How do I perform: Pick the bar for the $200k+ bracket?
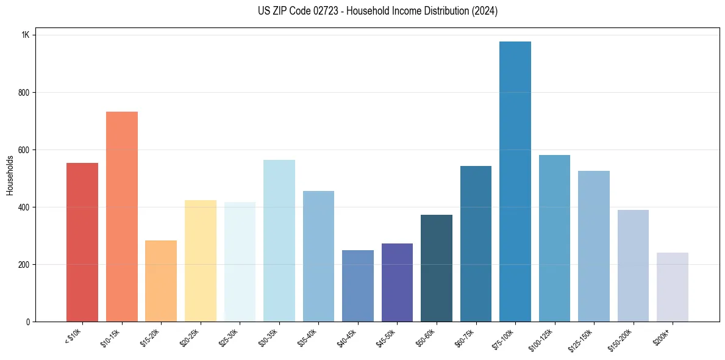coord(673,287)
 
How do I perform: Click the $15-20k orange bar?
coord(161,281)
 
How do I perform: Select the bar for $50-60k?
coord(437,268)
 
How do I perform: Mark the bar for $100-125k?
coord(554,238)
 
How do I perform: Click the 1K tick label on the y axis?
coord(26,35)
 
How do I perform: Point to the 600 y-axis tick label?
coord(24,150)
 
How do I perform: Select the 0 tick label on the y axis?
coord(28,322)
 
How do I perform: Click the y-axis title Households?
coord(10,175)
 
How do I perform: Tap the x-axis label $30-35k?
coord(270,337)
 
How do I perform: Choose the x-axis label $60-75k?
coord(466,337)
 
